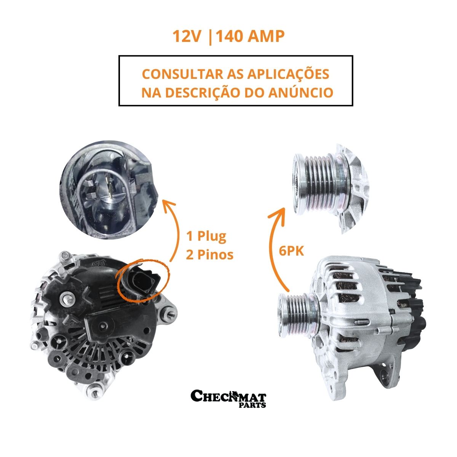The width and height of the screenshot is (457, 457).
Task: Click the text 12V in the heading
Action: click(186, 37)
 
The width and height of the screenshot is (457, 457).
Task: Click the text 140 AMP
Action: click(250, 37)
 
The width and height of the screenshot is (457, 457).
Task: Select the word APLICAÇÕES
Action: click(288, 75)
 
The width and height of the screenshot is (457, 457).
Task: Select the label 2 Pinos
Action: click(209, 255)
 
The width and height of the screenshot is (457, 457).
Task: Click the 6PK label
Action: click(291, 251)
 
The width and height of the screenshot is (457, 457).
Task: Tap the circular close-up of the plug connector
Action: click(109, 190)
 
